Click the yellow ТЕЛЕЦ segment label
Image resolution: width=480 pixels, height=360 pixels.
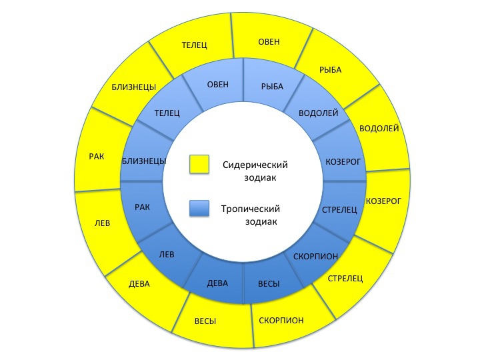pyautogui.click(x=195, y=45)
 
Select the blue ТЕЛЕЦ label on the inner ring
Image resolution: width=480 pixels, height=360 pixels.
pyautogui.click(x=167, y=113)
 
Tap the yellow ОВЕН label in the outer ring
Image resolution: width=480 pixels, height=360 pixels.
pyautogui.click(x=269, y=41)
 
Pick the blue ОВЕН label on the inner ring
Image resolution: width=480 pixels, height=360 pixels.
pyautogui.click(x=218, y=85)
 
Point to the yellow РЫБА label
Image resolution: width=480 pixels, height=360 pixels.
pyautogui.click(x=331, y=70)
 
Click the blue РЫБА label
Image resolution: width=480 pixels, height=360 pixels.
pyautogui.click(x=273, y=87)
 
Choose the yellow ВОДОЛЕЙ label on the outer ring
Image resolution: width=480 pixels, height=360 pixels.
pyautogui.click(x=379, y=128)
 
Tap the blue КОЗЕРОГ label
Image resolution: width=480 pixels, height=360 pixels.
pyautogui.click(x=343, y=162)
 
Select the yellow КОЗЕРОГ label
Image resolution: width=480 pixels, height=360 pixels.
pyautogui.click(x=383, y=201)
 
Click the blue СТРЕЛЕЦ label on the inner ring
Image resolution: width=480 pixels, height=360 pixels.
pyautogui.click(x=339, y=210)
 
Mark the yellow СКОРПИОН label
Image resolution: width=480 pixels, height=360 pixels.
pyautogui.click(x=281, y=321)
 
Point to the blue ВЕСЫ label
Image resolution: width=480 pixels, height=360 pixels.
pyautogui.click(x=269, y=284)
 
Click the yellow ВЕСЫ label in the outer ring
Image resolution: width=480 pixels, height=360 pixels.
pyautogui.click(x=205, y=321)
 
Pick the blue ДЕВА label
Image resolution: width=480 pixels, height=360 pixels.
pyautogui.click(x=217, y=283)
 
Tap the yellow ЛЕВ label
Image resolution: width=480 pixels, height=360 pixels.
pyautogui.click(x=102, y=223)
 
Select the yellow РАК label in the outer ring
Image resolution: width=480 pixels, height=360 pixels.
pyautogui.click(x=97, y=157)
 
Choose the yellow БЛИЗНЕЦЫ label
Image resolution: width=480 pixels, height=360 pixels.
pyautogui.click(x=134, y=87)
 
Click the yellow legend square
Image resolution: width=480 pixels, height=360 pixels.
pyautogui.click(x=199, y=165)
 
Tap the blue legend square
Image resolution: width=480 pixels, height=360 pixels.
pyautogui.click(x=199, y=209)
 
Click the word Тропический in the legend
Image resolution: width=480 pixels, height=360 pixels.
pyautogui.click(x=251, y=209)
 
